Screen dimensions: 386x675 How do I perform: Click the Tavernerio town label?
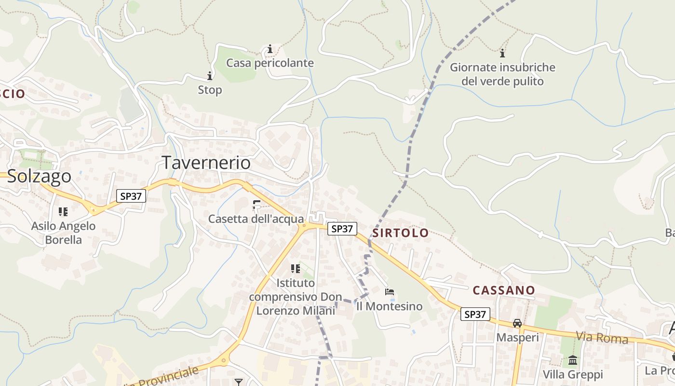[206, 163]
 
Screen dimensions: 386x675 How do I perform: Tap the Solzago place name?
[39, 176]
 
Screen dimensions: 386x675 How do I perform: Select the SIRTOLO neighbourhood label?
[400, 233]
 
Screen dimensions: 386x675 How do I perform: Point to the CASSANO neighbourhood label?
[504, 290]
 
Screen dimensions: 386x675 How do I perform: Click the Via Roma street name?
[602, 337]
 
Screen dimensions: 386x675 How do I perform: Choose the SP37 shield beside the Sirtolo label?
[342, 229]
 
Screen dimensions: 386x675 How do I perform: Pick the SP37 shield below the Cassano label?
[475, 315]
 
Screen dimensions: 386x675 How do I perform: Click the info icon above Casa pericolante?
[270, 49]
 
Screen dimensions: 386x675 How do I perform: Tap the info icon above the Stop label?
[210, 76]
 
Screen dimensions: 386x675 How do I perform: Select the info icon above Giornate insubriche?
[502, 53]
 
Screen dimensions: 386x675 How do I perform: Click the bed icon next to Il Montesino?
[390, 292]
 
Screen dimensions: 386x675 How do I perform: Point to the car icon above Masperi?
[517, 323]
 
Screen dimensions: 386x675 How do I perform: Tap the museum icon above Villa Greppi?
[573, 360]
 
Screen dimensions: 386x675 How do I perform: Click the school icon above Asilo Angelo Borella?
[63, 211]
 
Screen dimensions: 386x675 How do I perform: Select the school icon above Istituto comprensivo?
[295, 268]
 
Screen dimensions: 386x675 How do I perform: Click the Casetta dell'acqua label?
[256, 219]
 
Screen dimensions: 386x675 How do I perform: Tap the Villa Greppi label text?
[573, 374]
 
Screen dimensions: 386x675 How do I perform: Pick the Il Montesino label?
[389, 306]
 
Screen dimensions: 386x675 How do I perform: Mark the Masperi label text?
[517, 337]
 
